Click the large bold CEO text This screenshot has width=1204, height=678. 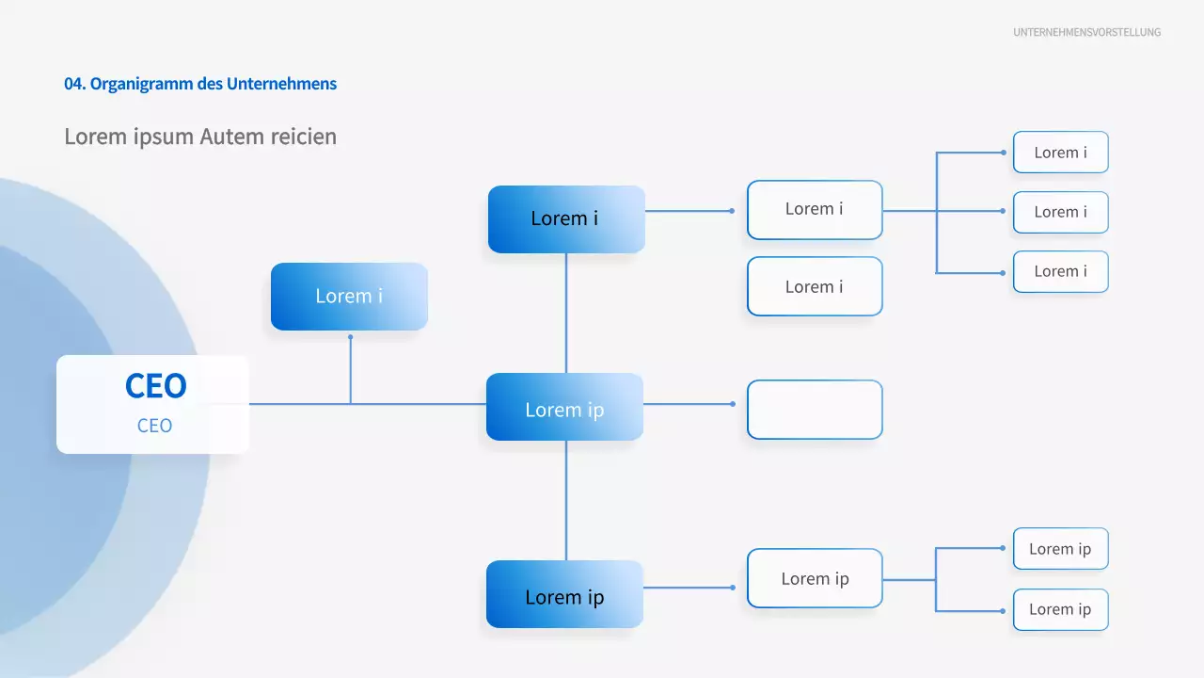(155, 385)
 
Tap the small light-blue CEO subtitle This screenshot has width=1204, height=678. (154, 426)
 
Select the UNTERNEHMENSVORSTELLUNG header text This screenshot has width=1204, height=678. (1086, 32)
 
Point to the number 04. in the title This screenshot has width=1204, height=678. (75, 84)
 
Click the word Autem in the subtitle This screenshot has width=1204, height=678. (233, 137)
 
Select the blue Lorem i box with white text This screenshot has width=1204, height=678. (349, 297)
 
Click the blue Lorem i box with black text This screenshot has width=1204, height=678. (565, 218)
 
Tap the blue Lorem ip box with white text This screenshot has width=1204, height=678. (564, 407)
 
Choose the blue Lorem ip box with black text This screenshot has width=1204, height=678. (564, 594)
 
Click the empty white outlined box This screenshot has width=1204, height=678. (815, 410)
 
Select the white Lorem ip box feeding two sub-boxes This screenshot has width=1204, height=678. (815, 578)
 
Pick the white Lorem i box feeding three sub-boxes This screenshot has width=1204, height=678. (815, 209)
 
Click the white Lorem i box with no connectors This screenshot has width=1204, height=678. (815, 286)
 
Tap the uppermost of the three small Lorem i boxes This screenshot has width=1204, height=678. (1060, 153)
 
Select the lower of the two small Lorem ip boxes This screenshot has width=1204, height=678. (1060, 609)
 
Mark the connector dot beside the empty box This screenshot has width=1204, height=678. (733, 404)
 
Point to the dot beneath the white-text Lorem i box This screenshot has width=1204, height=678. (350, 336)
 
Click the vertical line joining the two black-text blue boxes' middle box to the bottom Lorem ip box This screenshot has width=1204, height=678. (565, 500)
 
